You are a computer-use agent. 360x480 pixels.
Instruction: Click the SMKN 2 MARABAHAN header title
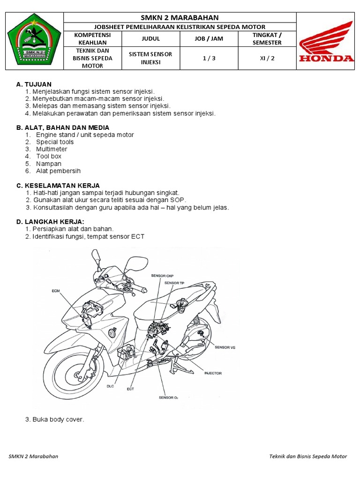pos(180,17)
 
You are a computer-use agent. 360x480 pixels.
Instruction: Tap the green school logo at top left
pos(34,42)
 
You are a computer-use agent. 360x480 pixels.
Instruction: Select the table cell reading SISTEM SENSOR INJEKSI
pos(150,58)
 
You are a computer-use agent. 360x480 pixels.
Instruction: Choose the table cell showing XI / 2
pos(267,58)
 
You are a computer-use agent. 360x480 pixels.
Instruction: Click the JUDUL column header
pos(150,39)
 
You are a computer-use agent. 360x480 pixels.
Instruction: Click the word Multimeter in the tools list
pos(52,149)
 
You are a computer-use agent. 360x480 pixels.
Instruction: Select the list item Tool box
pos(49,156)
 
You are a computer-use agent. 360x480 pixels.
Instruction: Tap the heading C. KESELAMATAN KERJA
pos(58,186)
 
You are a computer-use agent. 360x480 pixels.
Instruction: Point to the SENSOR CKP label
pos(162,277)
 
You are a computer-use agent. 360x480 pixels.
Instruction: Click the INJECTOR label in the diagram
pos(213,373)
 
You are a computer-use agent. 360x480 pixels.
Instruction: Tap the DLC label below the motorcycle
pos(110,386)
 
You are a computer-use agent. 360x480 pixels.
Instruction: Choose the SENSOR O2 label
pos(168,397)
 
